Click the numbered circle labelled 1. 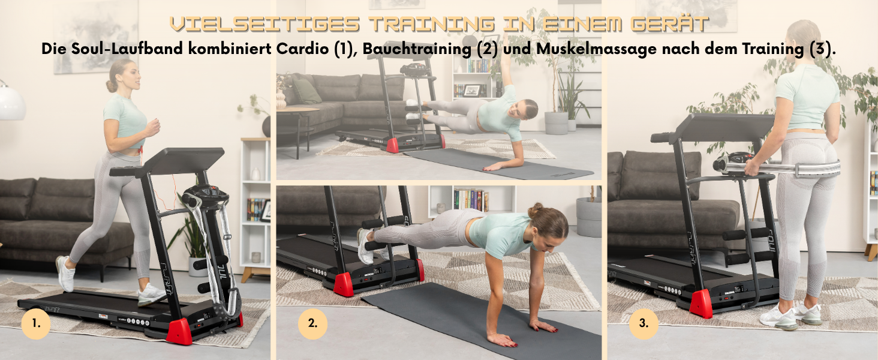click(36, 324)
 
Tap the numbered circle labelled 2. click(312, 324)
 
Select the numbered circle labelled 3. click(644, 324)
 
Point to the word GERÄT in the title click(669, 23)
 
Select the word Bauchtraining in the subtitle click(417, 49)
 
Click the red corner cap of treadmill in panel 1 click(179, 332)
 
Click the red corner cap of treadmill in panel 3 click(701, 304)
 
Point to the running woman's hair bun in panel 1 click(112, 85)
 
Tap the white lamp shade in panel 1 click(11, 103)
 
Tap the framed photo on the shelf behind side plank click(472, 91)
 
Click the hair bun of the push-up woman click(536, 210)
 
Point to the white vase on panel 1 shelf click(255, 174)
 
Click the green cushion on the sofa click(306, 91)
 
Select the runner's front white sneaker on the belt click(151, 295)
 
